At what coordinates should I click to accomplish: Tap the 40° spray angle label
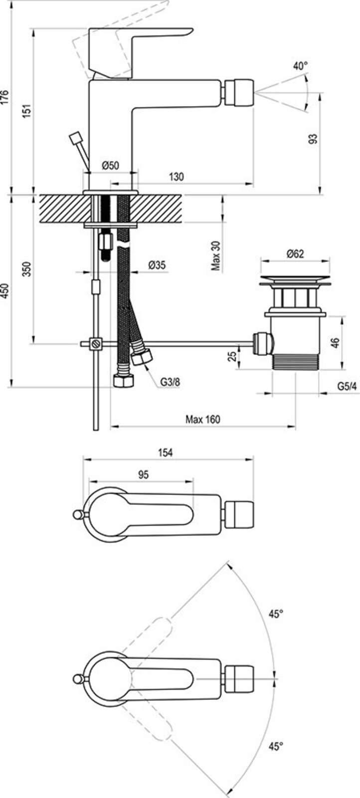300,66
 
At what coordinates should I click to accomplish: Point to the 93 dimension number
313,139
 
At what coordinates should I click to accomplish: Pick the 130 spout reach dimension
177,177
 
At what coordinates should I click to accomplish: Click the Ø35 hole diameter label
157,266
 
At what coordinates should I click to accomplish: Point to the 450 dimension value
5,291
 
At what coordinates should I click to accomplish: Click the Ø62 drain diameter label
295,254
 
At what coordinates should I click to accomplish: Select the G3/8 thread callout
170,383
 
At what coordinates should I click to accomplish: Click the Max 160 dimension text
203,419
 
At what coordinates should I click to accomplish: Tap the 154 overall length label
166,452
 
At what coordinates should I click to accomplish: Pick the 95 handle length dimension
143,475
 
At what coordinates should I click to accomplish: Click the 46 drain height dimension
336,343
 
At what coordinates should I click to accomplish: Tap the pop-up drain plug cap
295,280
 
